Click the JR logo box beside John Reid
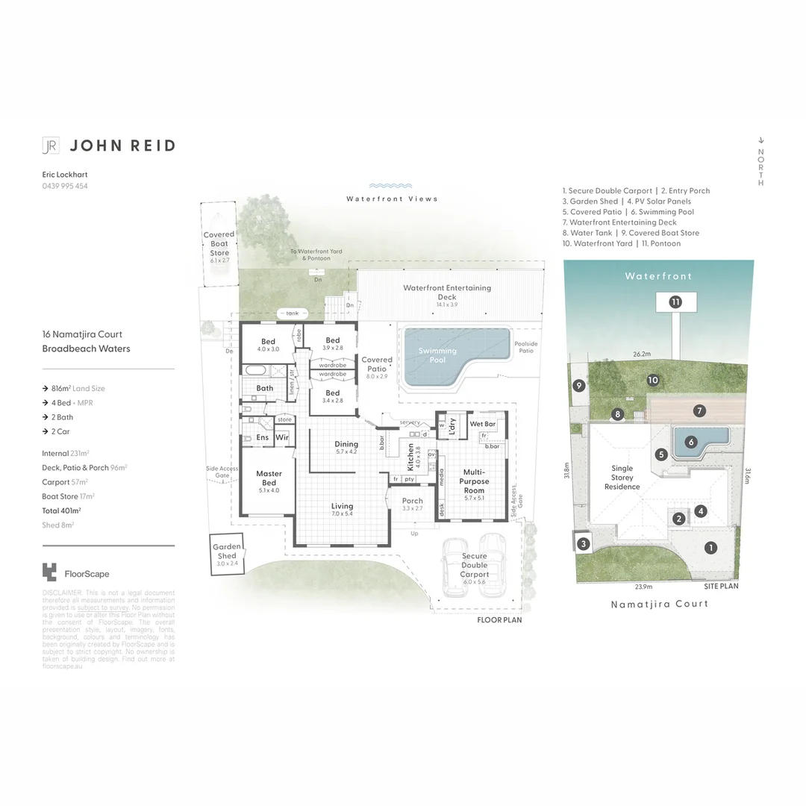point(51,146)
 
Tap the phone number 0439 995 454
point(65,186)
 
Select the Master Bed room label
point(269,478)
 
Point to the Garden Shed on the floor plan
point(227,555)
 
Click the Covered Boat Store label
point(219,243)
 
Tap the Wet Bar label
point(483,424)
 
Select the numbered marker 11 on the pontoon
point(675,302)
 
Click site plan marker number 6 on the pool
point(692,442)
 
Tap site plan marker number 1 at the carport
point(710,548)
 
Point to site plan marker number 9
point(578,386)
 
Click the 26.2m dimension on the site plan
point(642,354)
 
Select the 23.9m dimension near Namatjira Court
point(644,587)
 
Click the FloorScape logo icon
point(49,572)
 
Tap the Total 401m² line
point(61,510)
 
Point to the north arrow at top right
point(760,140)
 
